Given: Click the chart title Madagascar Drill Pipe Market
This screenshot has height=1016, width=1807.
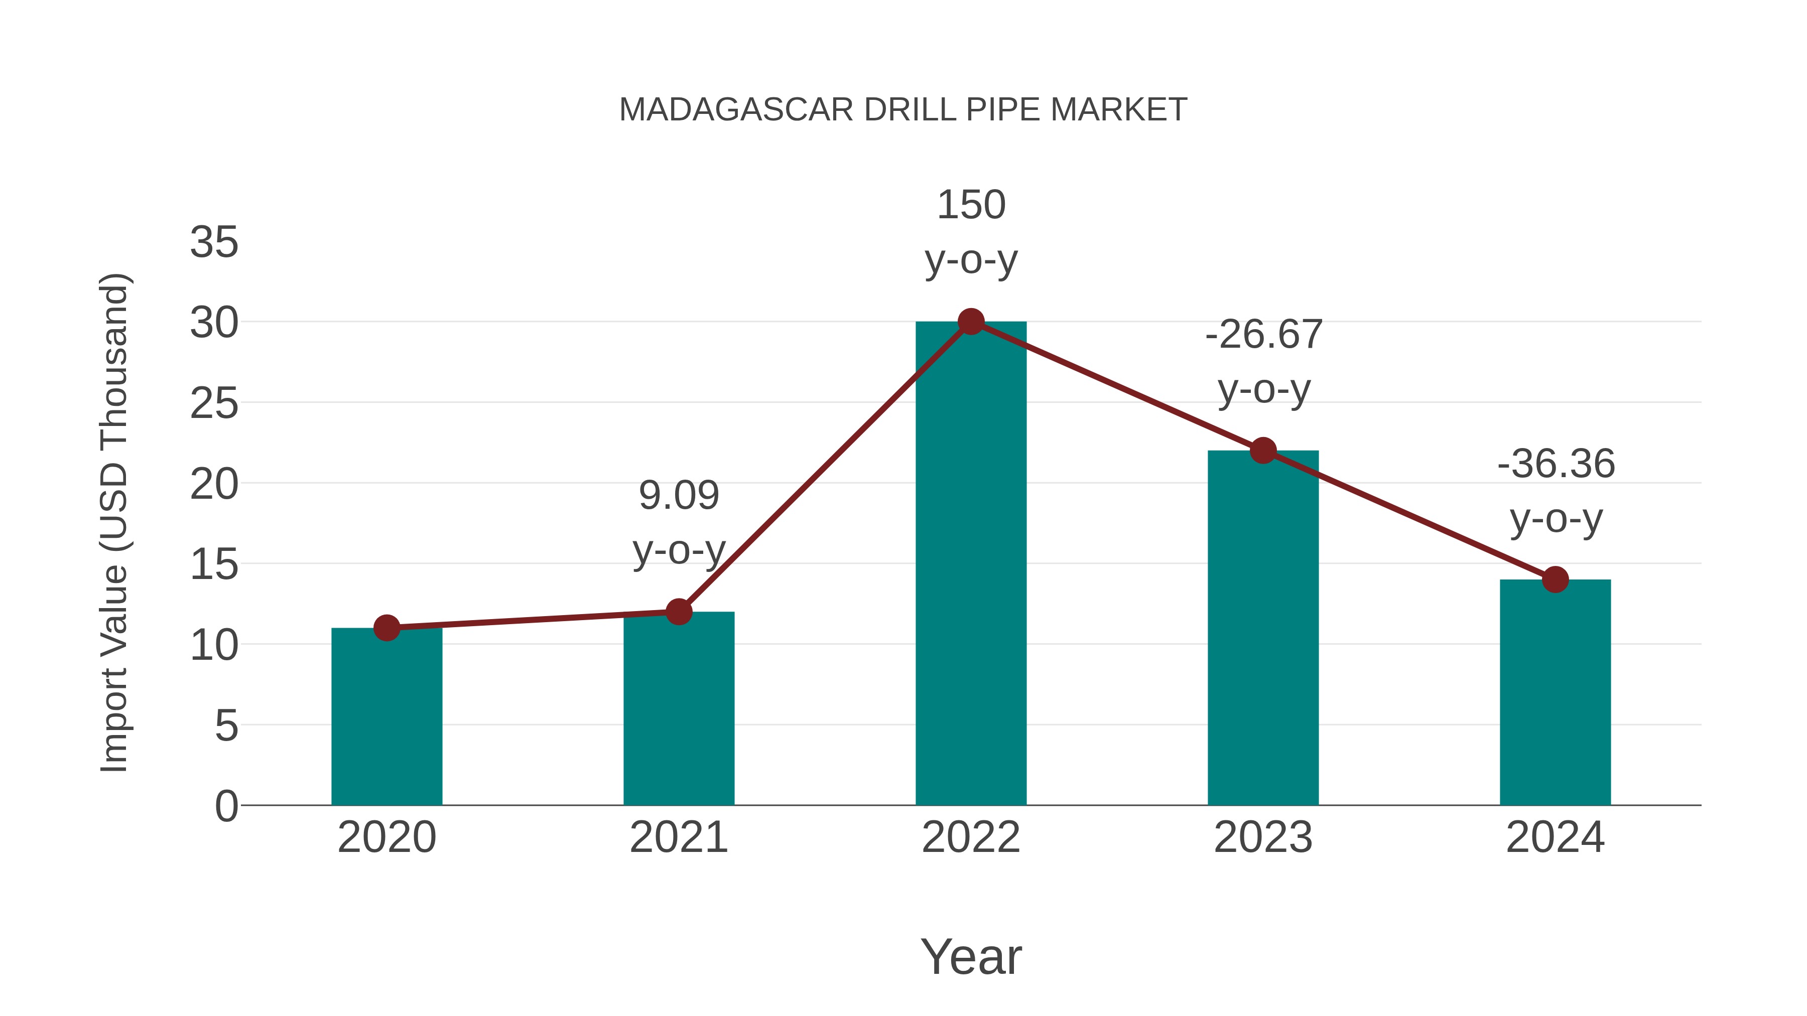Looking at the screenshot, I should pos(903,110).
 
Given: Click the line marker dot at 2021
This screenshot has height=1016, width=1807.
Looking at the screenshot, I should pos(678,612).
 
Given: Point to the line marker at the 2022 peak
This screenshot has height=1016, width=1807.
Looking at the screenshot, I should pos(971,321).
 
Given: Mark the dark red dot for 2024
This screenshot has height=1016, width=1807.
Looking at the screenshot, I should pos(1555,579).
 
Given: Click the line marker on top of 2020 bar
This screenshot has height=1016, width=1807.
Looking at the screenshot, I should pos(386,628).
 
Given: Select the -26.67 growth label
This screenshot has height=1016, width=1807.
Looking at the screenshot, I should pos(1263,335).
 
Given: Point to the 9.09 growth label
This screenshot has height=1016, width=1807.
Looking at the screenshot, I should pos(678,496).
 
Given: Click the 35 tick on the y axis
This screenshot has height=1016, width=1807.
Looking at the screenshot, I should pos(214,243).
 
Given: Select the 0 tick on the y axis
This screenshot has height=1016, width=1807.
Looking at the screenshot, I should pos(226,806).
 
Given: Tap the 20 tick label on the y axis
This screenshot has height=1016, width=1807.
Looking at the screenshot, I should pos(214,485).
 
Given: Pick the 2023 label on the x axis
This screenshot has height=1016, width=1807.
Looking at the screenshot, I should pos(1263,837).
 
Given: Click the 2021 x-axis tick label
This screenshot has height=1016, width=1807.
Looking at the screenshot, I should pos(678,837).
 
